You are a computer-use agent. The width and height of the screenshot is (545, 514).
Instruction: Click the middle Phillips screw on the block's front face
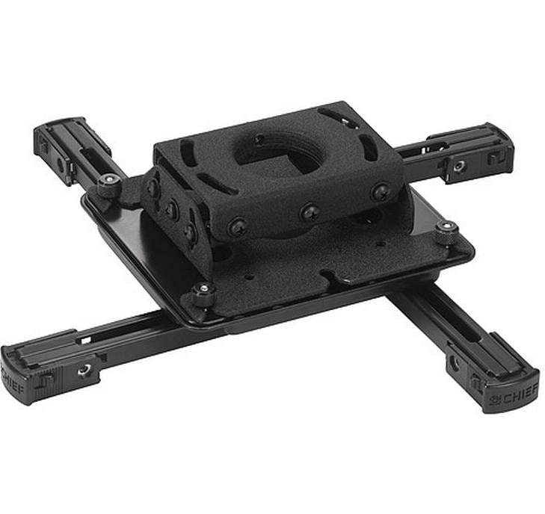(x=310, y=212)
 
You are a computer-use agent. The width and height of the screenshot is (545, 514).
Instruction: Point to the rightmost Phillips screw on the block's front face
(x=381, y=192)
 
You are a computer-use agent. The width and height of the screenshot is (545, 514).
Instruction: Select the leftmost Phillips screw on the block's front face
(x=238, y=226)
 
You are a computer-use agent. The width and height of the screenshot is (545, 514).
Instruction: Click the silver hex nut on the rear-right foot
(x=459, y=167)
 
